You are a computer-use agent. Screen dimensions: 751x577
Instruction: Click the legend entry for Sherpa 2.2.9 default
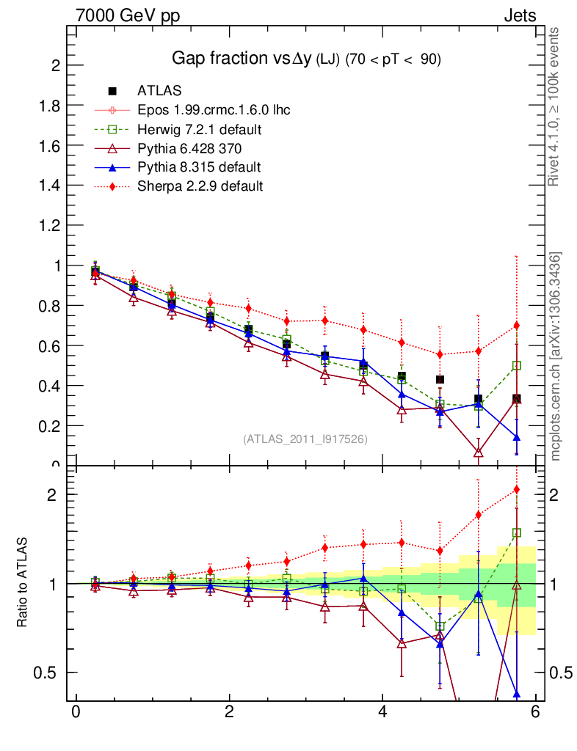200,186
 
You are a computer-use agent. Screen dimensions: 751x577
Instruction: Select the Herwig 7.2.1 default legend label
200,129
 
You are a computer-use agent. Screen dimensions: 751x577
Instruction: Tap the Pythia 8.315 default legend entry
199,167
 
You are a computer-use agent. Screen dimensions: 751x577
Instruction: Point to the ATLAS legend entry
159,91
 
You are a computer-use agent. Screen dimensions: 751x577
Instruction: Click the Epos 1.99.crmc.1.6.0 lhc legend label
214,110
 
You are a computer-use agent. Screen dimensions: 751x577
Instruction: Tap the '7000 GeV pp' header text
128,15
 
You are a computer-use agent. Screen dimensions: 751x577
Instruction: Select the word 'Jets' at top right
520,15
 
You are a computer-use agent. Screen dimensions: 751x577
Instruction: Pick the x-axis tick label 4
383,712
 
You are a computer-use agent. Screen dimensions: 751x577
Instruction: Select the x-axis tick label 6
537,712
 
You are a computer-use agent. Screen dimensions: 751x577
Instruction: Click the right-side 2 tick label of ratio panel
555,494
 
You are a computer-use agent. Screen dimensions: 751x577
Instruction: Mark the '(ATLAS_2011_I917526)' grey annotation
305,439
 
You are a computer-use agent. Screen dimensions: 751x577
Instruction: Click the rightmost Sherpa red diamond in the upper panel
517,326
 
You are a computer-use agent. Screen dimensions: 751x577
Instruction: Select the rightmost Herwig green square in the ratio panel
517,532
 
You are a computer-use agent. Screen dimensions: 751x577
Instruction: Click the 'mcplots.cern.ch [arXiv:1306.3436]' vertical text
556,356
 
